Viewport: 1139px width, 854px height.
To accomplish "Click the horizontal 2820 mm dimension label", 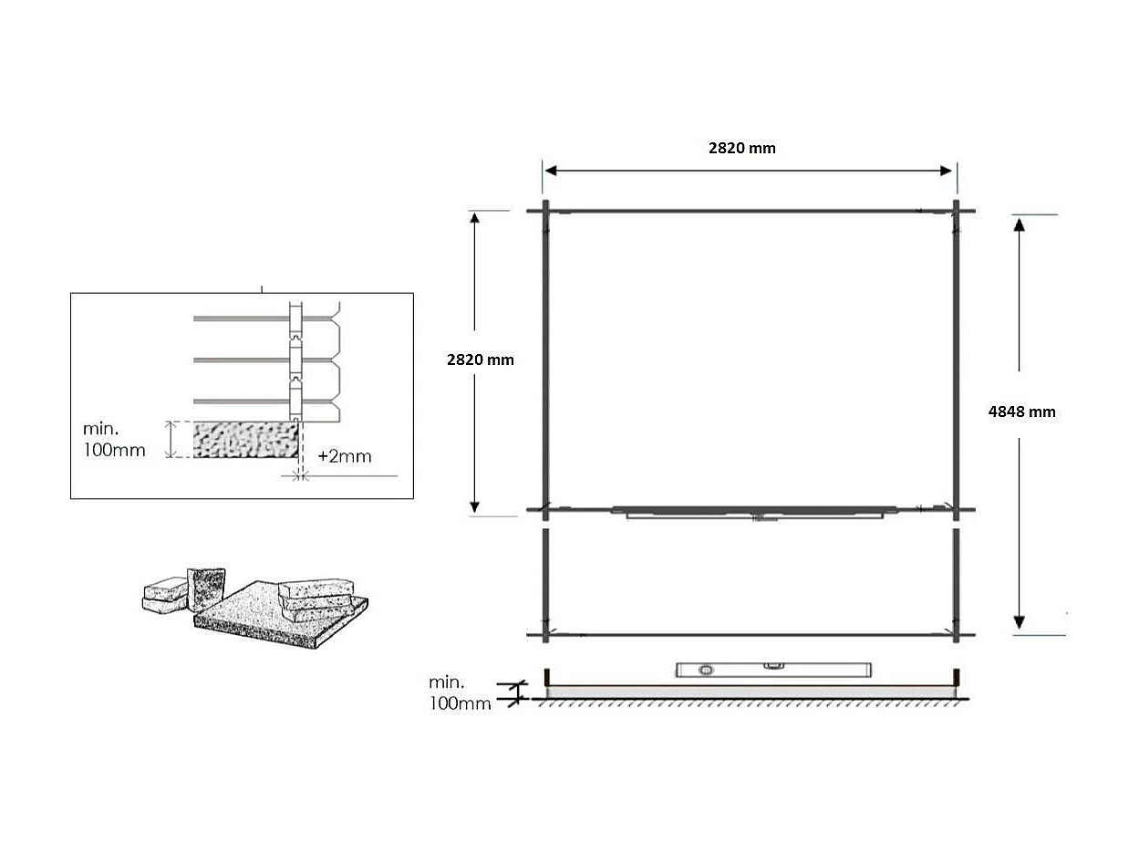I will pyautogui.click(x=741, y=148).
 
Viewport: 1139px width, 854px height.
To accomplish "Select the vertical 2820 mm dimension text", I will pyautogui.click(x=480, y=359).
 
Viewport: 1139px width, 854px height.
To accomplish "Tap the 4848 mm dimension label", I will pyautogui.click(x=1021, y=411).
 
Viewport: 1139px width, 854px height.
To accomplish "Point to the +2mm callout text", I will pyautogui.click(x=344, y=456).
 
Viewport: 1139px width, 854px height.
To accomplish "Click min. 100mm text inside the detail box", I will pyautogui.click(x=114, y=439).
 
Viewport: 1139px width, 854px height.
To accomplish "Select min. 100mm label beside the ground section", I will pyautogui.click(x=460, y=693).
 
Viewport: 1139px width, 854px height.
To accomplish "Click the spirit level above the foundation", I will pyautogui.click(x=772, y=670).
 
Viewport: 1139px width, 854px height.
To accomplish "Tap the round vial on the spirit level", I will pyautogui.click(x=706, y=671).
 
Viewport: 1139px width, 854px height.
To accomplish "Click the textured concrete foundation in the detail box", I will pyautogui.click(x=246, y=439).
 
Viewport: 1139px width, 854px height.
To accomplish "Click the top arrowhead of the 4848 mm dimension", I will pyautogui.click(x=1020, y=224).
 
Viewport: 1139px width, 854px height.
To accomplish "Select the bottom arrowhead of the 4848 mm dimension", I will pyautogui.click(x=1020, y=622).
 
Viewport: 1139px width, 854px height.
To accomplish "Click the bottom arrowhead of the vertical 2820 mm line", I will pyautogui.click(x=474, y=506).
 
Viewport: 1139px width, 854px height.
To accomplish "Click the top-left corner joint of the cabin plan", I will pyautogui.click(x=545, y=211).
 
